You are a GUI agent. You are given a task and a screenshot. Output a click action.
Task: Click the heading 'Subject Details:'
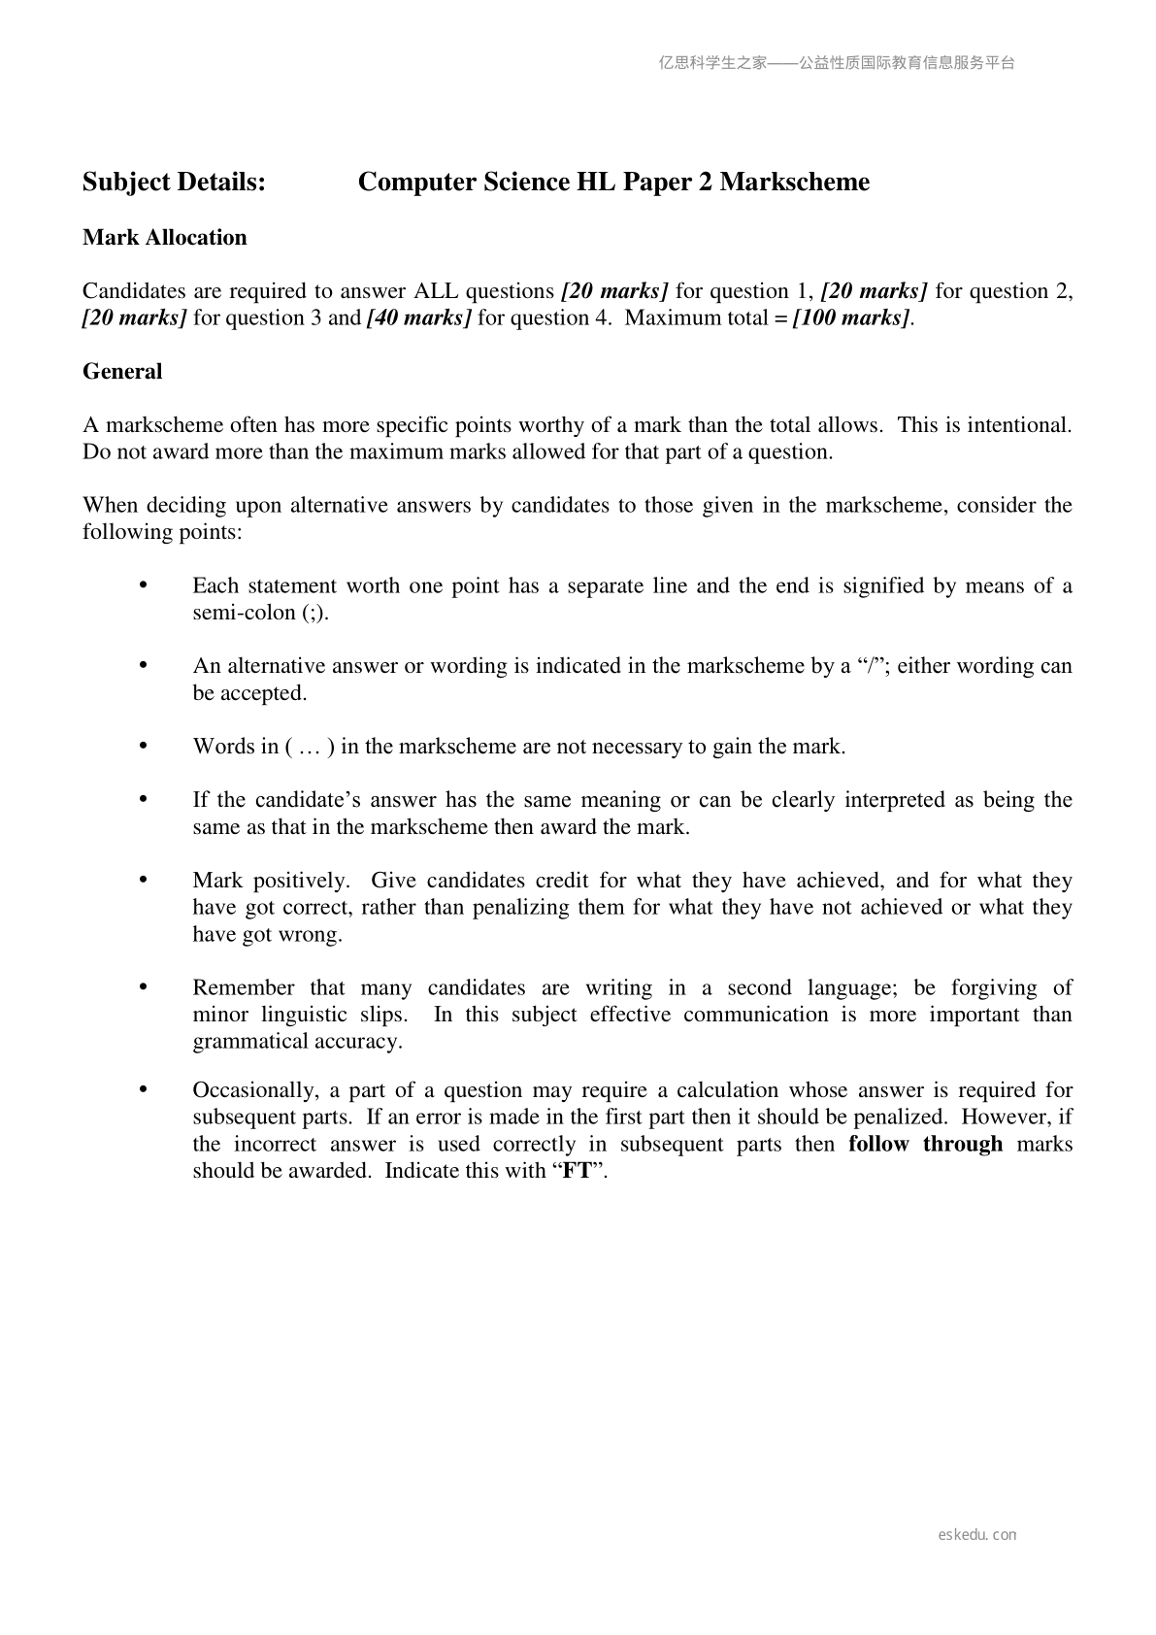tap(174, 183)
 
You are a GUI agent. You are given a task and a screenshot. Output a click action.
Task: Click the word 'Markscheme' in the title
tap(795, 183)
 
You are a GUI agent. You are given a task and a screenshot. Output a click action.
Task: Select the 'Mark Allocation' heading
tap(165, 238)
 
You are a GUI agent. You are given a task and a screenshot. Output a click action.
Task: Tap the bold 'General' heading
tap(122, 372)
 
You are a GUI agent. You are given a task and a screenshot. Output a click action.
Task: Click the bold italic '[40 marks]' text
tap(418, 318)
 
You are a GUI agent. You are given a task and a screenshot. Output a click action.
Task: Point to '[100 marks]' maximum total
tap(852, 318)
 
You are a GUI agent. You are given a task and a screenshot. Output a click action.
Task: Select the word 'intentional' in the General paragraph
tap(1019, 425)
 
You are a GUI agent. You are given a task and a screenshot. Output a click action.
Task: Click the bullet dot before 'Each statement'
tap(144, 584)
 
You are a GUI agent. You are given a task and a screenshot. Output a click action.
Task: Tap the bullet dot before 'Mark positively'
tap(144, 880)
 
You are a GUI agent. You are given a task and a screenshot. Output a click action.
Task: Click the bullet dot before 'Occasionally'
tap(144, 1089)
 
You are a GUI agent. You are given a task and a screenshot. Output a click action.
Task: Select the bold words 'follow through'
tap(925, 1144)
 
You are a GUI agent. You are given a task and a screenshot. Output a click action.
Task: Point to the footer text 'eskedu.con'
tap(977, 1535)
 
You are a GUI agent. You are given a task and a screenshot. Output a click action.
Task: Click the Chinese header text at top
tap(837, 63)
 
